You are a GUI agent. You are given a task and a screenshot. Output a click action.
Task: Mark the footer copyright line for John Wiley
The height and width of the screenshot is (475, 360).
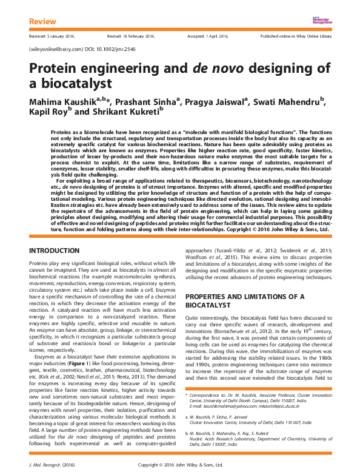click(x=180, y=464)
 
